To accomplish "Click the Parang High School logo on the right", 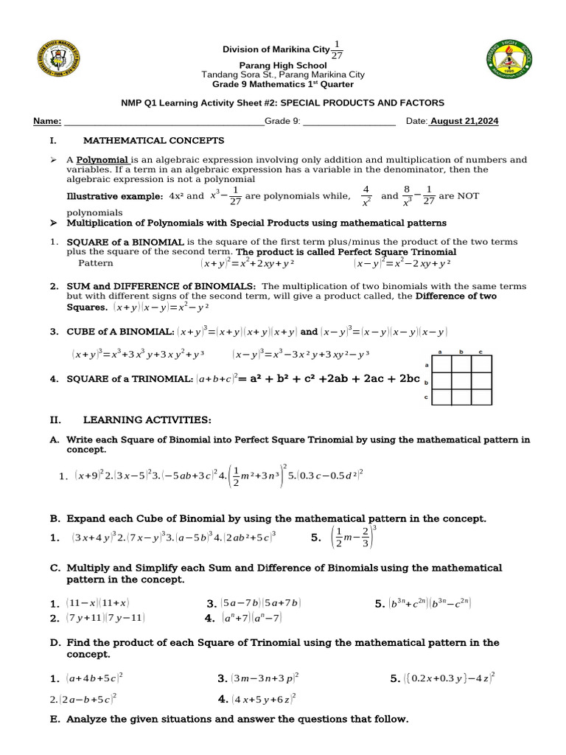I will [514, 61].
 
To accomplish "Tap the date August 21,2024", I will [464, 122].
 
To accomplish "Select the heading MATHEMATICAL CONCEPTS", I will [154, 140].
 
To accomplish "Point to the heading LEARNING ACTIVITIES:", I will [147, 420].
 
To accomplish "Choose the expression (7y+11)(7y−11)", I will [105, 618].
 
